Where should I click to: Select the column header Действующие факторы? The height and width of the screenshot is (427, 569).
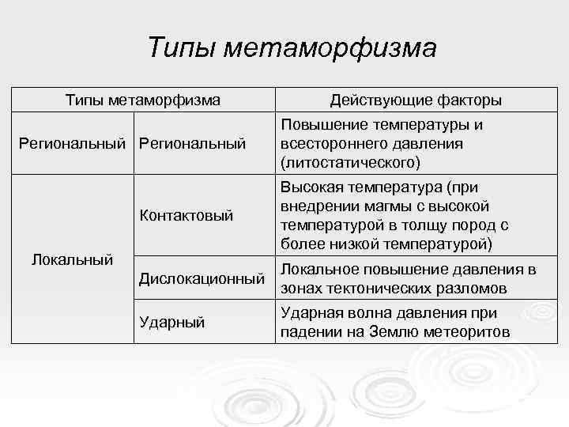pyautogui.click(x=416, y=100)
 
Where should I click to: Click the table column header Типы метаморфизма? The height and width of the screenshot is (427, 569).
pyautogui.click(x=142, y=100)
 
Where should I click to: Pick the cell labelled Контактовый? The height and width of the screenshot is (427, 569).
pyautogui.click(x=186, y=214)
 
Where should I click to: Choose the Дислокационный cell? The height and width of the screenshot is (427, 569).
pyautogui.click(x=201, y=278)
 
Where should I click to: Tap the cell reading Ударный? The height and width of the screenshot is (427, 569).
pyautogui.click(x=171, y=322)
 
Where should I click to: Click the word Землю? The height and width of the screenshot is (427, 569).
pyautogui.click(x=391, y=331)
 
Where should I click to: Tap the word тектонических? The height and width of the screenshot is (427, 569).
pyautogui.click(x=372, y=288)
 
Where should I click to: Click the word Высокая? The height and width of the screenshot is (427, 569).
pyautogui.click(x=311, y=187)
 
